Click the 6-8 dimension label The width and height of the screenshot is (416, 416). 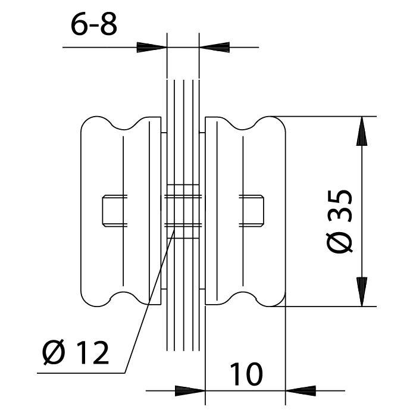click(93, 24)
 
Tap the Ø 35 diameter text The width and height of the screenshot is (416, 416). click(340, 221)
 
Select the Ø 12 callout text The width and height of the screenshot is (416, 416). click(76, 352)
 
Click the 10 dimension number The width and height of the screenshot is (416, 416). click(246, 374)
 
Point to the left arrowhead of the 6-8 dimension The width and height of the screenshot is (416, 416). click(152, 47)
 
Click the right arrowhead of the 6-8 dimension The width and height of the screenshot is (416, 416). click(214, 47)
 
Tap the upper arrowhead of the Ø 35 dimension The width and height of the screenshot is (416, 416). click(362, 131)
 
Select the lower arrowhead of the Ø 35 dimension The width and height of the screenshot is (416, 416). click(362, 292)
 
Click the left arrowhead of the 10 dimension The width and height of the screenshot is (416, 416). click(190, 391)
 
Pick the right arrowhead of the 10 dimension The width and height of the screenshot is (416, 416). click(301, 391)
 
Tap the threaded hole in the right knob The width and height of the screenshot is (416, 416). click(251, 211)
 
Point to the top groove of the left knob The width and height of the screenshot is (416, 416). click(124, 125)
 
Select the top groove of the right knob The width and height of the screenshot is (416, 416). click(242, 125)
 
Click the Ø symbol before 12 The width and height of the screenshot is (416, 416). click(54, 352)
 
